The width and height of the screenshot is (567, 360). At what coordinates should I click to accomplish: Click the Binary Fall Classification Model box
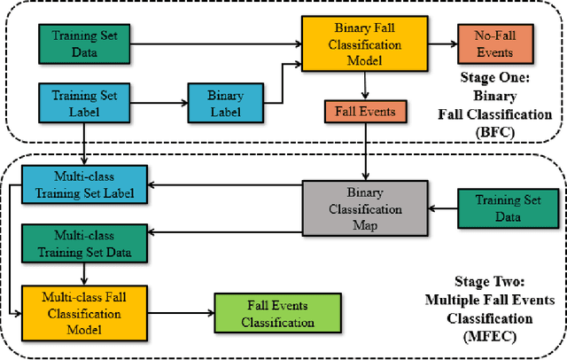click(353, 44)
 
